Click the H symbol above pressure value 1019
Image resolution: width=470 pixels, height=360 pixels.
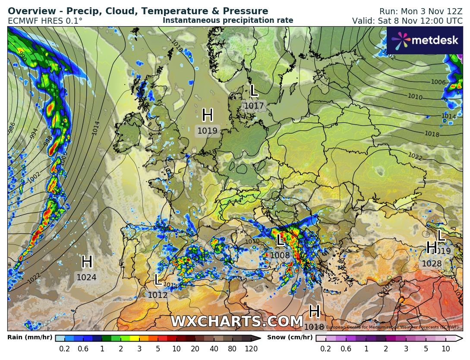(208, 115)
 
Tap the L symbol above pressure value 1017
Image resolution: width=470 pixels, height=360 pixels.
(254, 91)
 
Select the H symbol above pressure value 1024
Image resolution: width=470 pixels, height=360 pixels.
(87, 262)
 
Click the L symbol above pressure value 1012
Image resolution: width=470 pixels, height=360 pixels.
(158, 280)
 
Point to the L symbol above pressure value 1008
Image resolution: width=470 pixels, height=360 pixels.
(280, 240)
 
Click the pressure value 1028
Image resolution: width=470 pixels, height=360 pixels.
(431, 264)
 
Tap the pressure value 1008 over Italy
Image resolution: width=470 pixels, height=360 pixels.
(280, 256)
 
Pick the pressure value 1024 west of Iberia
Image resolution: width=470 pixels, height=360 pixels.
(86, 278)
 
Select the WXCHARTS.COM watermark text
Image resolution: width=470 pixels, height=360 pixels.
(237, 322)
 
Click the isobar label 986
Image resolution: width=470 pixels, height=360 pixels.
(12, 127)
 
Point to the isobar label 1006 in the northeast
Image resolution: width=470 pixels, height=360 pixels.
(438, 82)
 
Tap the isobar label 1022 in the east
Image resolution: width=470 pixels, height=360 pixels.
(415, 156)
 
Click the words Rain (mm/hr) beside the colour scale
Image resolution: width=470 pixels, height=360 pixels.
(30, 338)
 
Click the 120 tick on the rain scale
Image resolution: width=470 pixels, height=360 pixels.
(252, 349)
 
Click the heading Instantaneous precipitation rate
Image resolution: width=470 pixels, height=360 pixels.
(228, 20)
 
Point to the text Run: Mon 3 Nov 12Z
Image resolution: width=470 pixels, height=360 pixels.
(421, 12)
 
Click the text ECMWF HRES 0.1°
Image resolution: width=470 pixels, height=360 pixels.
(45, 21)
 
